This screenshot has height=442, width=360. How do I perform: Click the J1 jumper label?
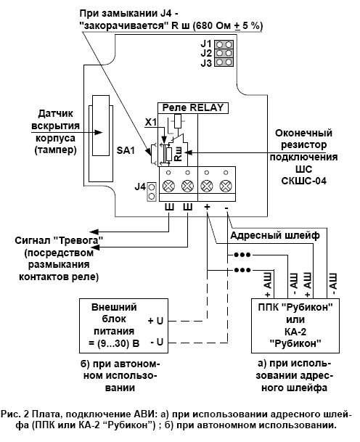click(x=206, y=44)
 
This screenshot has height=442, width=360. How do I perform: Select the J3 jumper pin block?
click(x=224, y=62)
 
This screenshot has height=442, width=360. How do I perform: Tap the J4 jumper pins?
click(x=152, y=192)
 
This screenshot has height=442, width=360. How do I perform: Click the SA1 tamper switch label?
click(x=126, y=150)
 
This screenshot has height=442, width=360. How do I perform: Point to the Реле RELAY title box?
click(x=193, y=107)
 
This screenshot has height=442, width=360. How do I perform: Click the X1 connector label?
click(x=151, y=123)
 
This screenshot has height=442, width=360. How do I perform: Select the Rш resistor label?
click(x=179, y=154)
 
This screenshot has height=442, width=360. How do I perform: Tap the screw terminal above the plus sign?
click(x=207, y=186)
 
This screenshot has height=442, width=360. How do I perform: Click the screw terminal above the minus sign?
click(x=226, y=186)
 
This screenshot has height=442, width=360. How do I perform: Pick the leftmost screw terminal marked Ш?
click(x=168, y=186)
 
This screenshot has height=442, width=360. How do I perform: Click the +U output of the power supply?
click(x=155, y=321)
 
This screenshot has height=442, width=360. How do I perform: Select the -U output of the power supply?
click(x=157, y=343)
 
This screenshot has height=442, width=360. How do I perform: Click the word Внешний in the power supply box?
click(x=114, y=307)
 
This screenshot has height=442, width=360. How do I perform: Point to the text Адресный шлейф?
click(x=275, y=235)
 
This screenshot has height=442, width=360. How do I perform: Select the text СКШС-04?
click(x=304, y=181)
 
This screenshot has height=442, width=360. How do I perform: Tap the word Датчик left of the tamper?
click(x=55, y=114)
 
